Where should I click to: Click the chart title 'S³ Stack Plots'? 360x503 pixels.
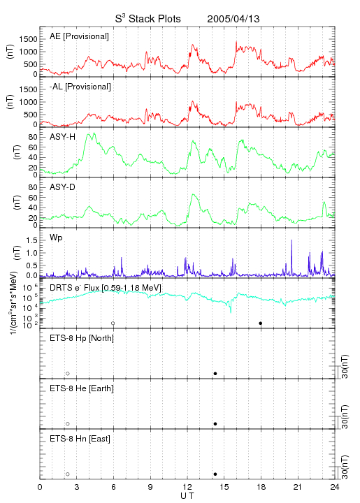[148, 19]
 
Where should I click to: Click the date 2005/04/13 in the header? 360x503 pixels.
[233, 19]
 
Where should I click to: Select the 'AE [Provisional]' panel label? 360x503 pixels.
[79, 36]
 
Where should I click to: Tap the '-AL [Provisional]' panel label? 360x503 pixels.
[80, 87]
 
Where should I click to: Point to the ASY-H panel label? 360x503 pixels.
[63, 137]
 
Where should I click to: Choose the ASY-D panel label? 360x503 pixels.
[63, 187]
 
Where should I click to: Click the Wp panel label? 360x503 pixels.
[56, 238]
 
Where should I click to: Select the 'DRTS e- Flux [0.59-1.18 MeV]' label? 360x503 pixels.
[106, 288]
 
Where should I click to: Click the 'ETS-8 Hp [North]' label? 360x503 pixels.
[82, 338]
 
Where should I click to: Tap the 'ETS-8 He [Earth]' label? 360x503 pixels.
[82, 388]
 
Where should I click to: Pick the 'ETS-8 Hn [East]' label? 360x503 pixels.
[80, 439]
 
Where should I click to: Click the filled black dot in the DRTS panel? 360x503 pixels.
[261, 323]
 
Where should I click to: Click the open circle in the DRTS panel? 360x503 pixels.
[113, 323]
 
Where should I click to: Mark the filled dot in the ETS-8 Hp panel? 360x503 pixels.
[215, 373]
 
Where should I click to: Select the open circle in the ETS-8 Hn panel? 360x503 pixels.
[68, 474]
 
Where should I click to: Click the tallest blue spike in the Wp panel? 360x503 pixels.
[291, 256]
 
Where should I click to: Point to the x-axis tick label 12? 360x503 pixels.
[187, 487]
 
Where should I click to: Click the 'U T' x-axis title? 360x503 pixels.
[187, 496]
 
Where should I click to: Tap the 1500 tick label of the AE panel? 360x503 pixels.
[28, 39]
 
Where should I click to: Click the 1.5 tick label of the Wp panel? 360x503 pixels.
[32, 240]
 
